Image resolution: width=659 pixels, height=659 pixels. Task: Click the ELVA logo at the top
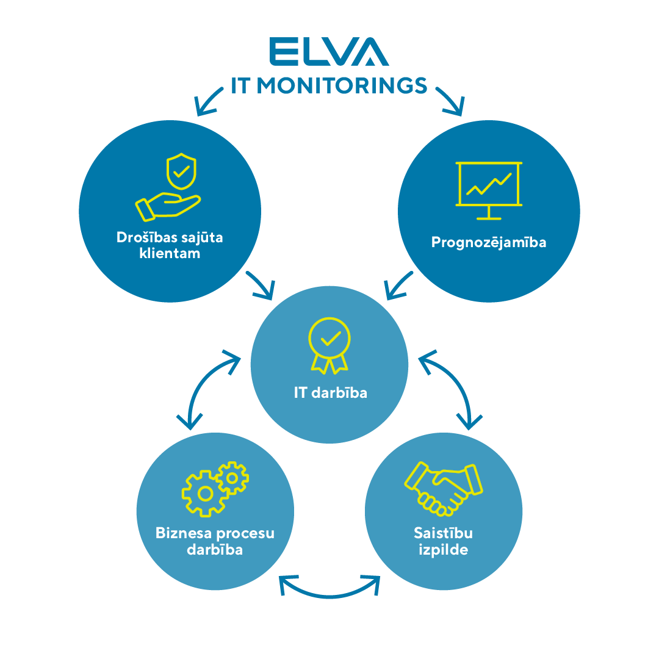pos(328,52)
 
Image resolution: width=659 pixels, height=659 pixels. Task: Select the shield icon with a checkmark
pos(181,170)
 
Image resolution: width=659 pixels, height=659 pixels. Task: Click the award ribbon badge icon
pos(329,344)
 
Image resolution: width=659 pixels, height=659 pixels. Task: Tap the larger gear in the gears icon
pos(205,493)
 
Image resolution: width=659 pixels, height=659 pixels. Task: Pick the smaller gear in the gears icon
pos(232,477)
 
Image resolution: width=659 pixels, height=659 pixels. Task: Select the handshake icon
pos(443,488)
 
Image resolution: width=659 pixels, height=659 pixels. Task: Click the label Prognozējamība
pos(489,242)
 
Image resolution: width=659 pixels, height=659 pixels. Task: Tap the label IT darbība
pos(330,392)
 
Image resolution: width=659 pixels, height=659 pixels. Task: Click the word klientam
pos(170,253)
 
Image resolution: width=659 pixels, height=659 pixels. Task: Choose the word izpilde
pos(444,550)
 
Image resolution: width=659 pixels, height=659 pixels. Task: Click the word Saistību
pos(444,533)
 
